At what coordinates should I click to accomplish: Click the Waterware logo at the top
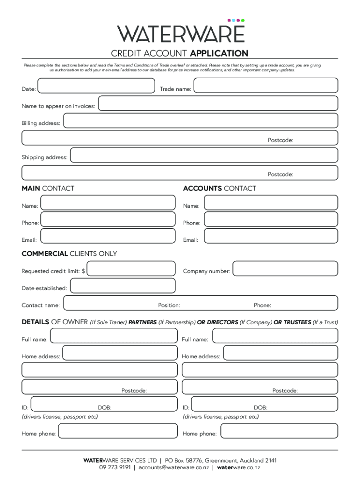[x=180, y=33]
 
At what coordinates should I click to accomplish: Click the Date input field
[x=96, y=86]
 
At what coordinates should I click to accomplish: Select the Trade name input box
[x=266, y=86]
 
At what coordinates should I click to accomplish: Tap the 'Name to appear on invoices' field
[x=218, y=103]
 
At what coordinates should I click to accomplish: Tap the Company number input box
[x=285, y=269]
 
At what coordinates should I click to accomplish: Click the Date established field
[x=123, y=286]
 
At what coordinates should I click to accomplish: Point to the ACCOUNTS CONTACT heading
[x=219, y=189]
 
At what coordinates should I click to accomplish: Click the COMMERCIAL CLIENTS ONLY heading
[x=69, y=254]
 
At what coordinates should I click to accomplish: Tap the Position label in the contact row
[x=169, y=305]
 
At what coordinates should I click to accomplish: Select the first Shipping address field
[x=204, y=155]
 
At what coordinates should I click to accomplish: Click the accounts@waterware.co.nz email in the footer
[x=173, y=467]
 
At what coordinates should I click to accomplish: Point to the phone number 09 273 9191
[x=115, y=467]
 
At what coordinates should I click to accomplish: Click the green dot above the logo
[x=243, y=20]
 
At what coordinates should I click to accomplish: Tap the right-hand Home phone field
[x=279, y=431]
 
